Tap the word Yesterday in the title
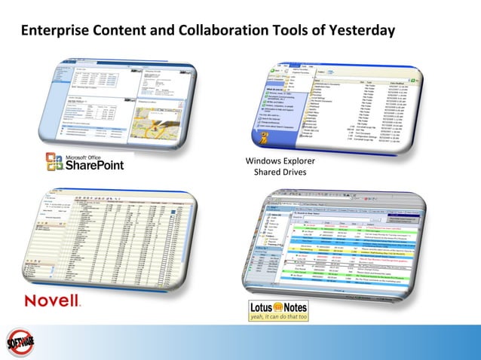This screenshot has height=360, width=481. (360, 32)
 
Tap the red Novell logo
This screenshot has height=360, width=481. (52, 301)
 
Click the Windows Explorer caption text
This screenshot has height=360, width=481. (280, 161)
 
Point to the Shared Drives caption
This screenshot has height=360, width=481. (280, 172)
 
